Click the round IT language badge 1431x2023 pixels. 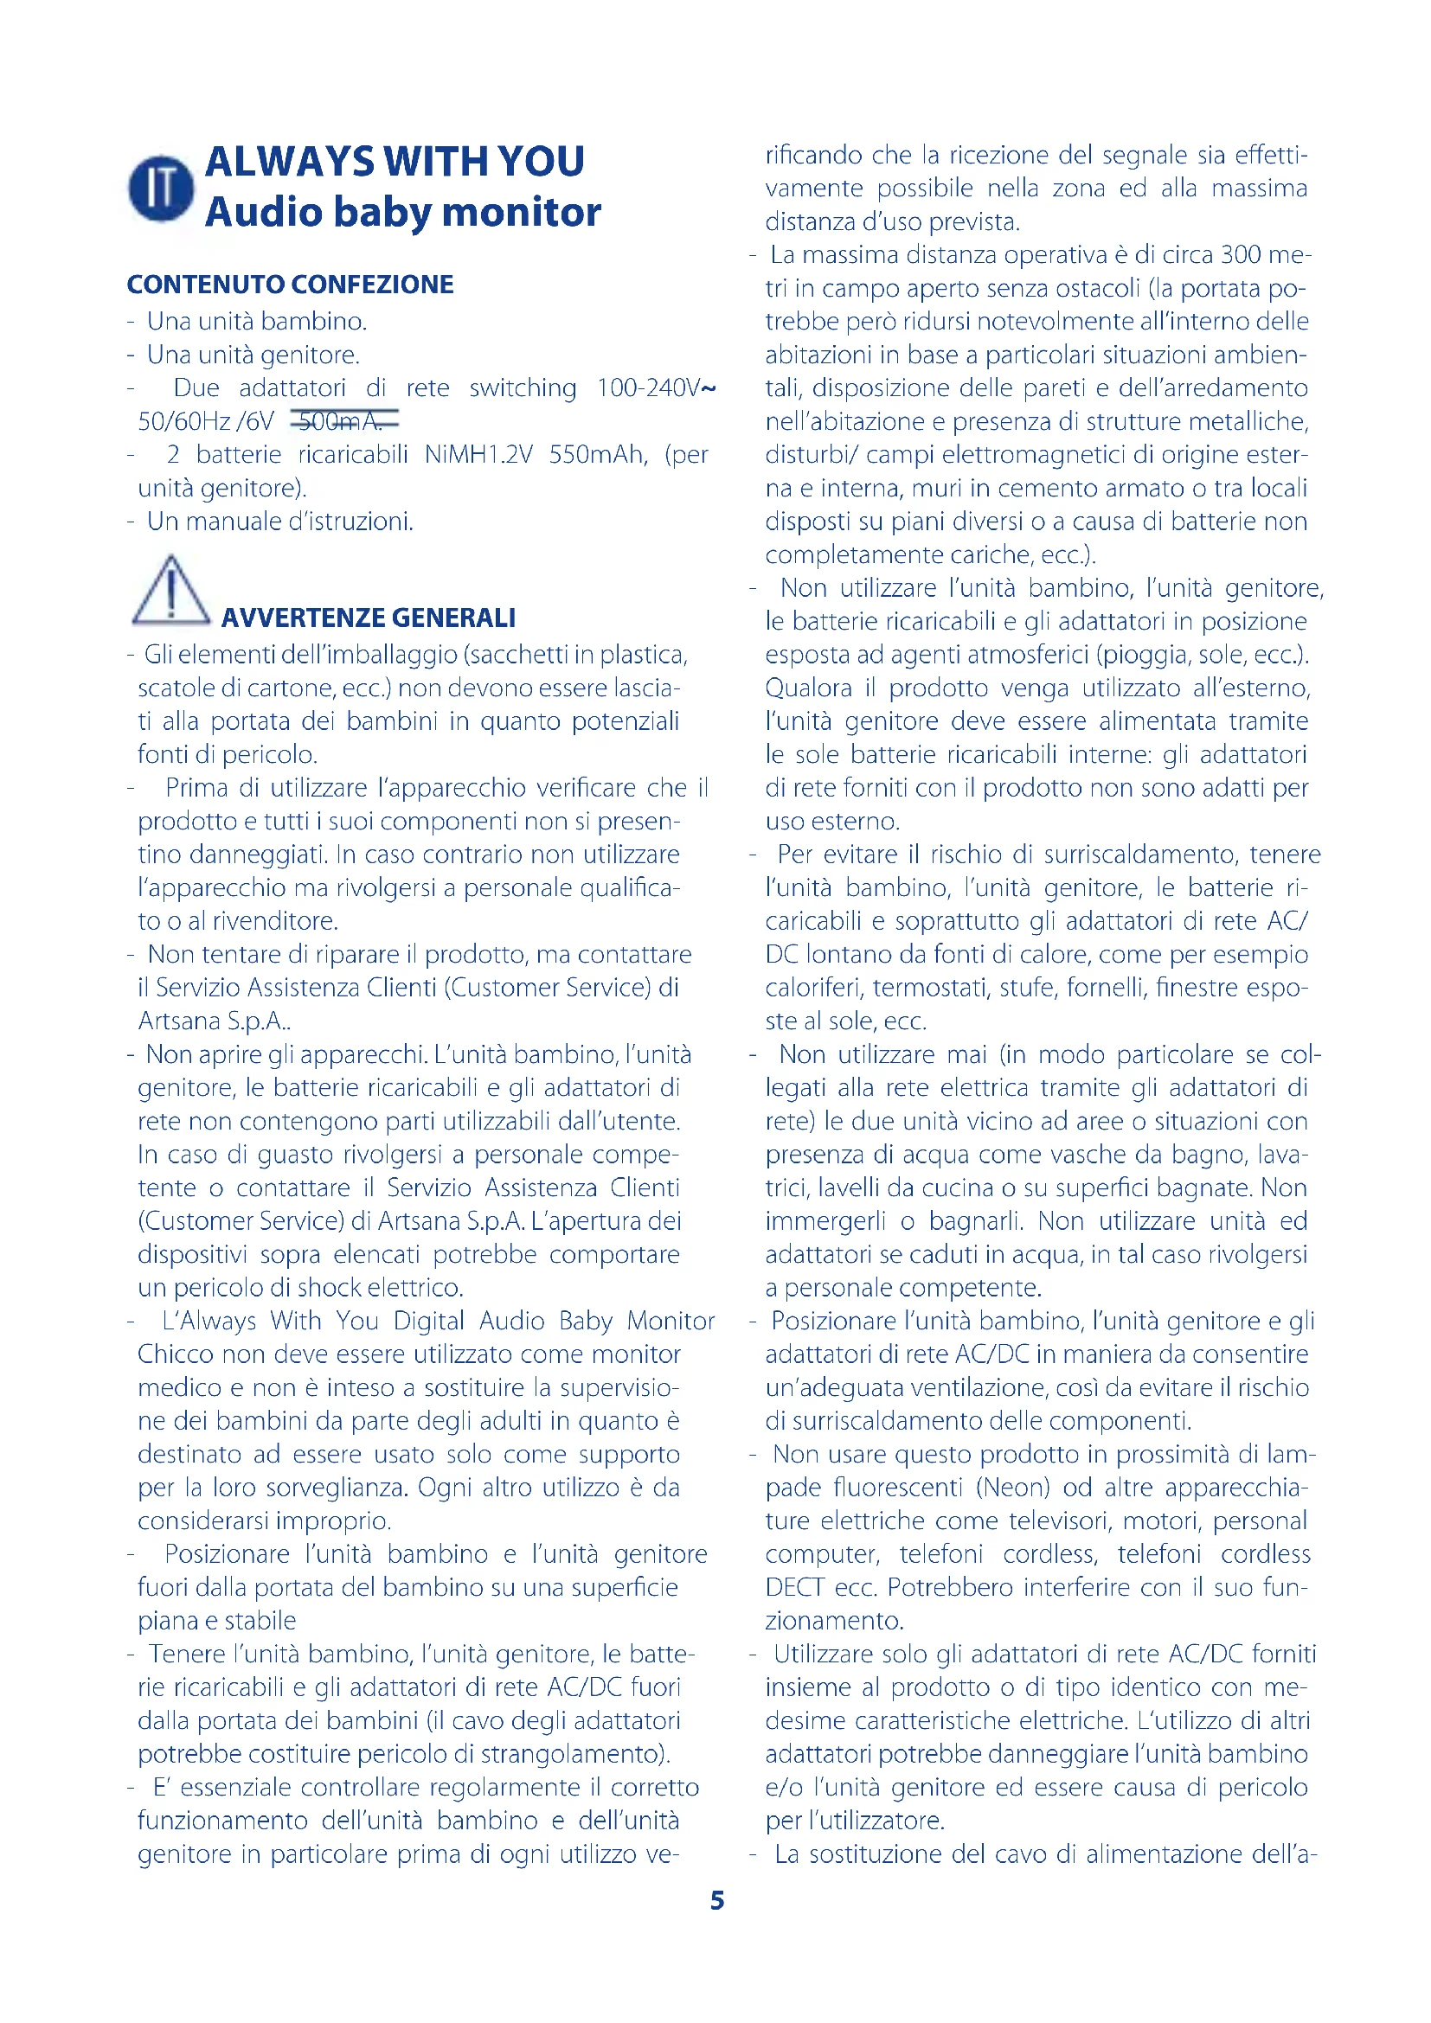click(x=160, y=188)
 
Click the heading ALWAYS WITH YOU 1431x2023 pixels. click(x=395, y=161)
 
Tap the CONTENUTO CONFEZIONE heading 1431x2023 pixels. click(x=290, y=285)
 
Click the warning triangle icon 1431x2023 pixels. click(x=170, y=592)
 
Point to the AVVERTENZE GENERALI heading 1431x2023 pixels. click(x=369, y=618)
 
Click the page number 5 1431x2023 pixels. click(x=717, y=1900)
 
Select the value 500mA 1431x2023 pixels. click(x=341, y=421)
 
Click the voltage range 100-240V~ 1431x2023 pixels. click(x=656, y=387)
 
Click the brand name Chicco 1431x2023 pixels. click(x=175, y=1354)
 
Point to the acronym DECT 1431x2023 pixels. click(x=794, y=1587)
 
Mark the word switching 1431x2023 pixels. click(x=523, y=387)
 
